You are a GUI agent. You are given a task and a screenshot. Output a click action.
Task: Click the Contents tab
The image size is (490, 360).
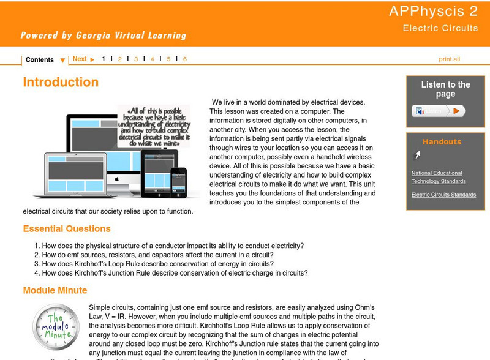(x=40, y=59)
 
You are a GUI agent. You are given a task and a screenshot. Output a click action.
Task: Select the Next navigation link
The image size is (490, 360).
(x=80, y=59)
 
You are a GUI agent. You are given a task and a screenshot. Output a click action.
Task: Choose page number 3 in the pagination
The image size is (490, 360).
(x=135, y=59)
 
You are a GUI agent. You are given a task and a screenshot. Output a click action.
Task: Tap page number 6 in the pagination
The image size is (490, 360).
(x=184, y=59)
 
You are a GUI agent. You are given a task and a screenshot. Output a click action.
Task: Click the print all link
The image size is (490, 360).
(x=449, y=59)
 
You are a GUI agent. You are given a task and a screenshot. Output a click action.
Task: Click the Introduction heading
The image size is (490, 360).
(x=61, y=82)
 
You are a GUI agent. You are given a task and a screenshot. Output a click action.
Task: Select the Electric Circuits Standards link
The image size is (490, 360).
(x=443, y=195)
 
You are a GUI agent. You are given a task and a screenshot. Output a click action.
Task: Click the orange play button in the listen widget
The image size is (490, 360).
(x=456, y=111)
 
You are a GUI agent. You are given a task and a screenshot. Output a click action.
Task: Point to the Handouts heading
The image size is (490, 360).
(x=442, y=141)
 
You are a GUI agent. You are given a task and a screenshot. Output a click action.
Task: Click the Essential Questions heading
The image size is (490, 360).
(x=67, y=229)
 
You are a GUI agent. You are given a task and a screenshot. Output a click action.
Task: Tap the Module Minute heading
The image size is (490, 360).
(x=55, y=290)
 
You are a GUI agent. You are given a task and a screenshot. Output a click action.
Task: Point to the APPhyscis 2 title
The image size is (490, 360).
(x=433, y=11)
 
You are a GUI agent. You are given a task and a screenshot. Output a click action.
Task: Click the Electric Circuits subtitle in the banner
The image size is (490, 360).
(x=440, y=28)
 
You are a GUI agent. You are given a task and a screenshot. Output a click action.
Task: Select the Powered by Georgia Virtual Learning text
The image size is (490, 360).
(x=103, y=36)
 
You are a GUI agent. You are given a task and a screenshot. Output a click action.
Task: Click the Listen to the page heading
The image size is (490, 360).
(x=445, y=89)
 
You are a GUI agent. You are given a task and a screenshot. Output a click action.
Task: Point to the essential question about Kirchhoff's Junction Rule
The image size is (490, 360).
(x=175, y=273)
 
